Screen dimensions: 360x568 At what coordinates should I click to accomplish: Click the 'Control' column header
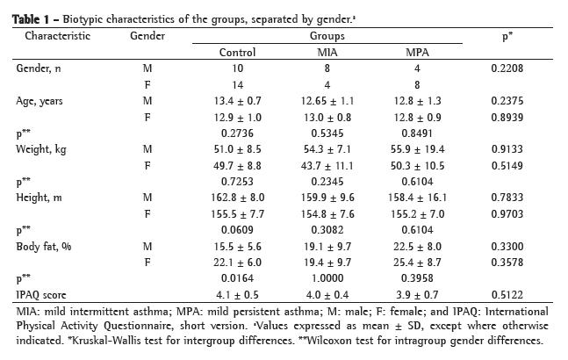pos(237,53)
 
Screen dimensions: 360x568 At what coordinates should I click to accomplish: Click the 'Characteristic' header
pos(57,36)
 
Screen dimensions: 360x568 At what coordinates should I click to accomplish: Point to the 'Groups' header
pos(327,36)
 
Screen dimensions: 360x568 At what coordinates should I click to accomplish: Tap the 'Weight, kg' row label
pos(40,149)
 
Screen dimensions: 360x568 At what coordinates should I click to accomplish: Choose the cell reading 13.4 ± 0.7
pos(237,101)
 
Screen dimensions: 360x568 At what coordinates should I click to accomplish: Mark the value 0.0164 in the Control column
pos(237,279)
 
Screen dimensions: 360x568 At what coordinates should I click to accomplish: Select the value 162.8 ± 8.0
pos(237,198)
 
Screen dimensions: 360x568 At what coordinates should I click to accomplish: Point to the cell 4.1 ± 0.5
pos(237,295)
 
